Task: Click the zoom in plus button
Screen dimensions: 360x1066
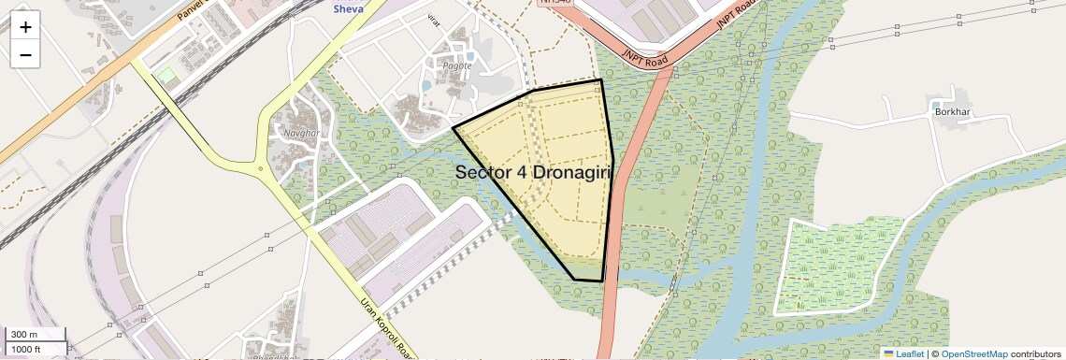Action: point(25,26)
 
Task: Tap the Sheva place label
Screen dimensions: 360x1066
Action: point(349,8)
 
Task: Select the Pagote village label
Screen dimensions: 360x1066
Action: point(457,65)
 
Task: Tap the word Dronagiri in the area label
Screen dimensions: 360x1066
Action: point(569,172)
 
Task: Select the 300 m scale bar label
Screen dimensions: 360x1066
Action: point(24,335)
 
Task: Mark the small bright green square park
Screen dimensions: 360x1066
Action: point(166,74)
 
